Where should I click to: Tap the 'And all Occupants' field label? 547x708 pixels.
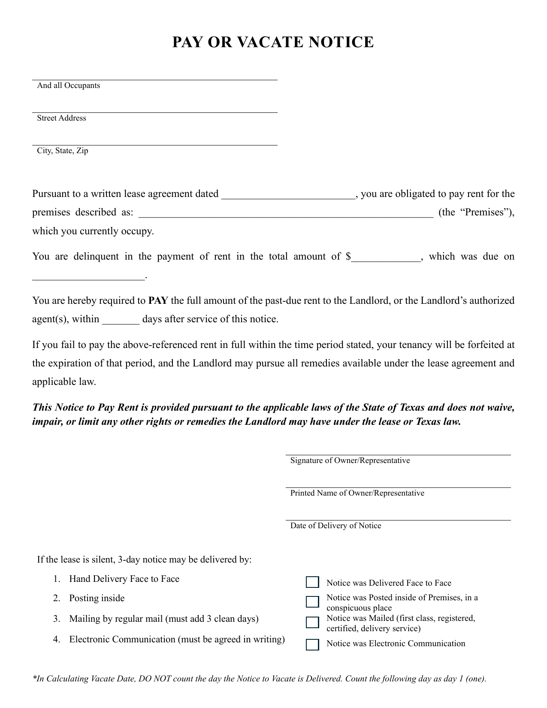click(x=68, y=85)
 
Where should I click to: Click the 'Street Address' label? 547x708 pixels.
click(x=61, y=118)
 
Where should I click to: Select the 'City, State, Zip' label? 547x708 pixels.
click(x=62, y=151)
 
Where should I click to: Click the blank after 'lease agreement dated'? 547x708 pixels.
click(x=288, y=194)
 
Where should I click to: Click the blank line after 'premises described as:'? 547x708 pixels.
click(x=286, y=213)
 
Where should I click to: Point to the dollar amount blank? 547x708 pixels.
click(x=386, y=257)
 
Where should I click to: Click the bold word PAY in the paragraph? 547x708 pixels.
click(x=157, y=300)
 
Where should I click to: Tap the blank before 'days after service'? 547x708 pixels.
click(x=121, y=320)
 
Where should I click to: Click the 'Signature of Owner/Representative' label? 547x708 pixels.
click(x=350, y=460)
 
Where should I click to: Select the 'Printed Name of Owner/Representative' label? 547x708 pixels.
click(x=357, y=493)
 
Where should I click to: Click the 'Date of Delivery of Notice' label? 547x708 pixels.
click(x=335, y=526)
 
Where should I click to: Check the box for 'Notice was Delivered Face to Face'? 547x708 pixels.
click(x=312, y=582)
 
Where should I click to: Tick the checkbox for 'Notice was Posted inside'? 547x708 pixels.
click(x=312, y=602)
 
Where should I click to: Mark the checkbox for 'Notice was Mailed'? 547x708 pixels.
click(x=312, y=622)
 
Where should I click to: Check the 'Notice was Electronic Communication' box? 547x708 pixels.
click(x=312, y=644)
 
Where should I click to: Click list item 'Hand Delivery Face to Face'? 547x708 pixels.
click(x=124, y=579)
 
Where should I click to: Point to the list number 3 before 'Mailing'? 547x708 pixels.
click(x=56, y=619)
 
